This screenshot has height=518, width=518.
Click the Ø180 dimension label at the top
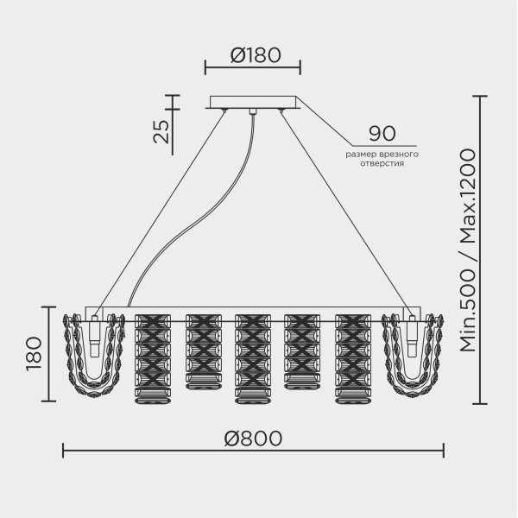256,55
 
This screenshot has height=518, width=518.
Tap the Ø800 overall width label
253,439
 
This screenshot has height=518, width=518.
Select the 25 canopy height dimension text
161,131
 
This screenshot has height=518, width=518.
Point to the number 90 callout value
382,134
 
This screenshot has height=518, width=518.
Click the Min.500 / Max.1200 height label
467,250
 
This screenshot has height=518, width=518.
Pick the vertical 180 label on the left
34,354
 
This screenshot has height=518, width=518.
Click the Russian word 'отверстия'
382,163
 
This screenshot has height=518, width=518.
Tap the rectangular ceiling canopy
253,102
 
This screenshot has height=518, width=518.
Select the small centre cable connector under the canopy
253,111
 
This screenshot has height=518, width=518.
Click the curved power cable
185,231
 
